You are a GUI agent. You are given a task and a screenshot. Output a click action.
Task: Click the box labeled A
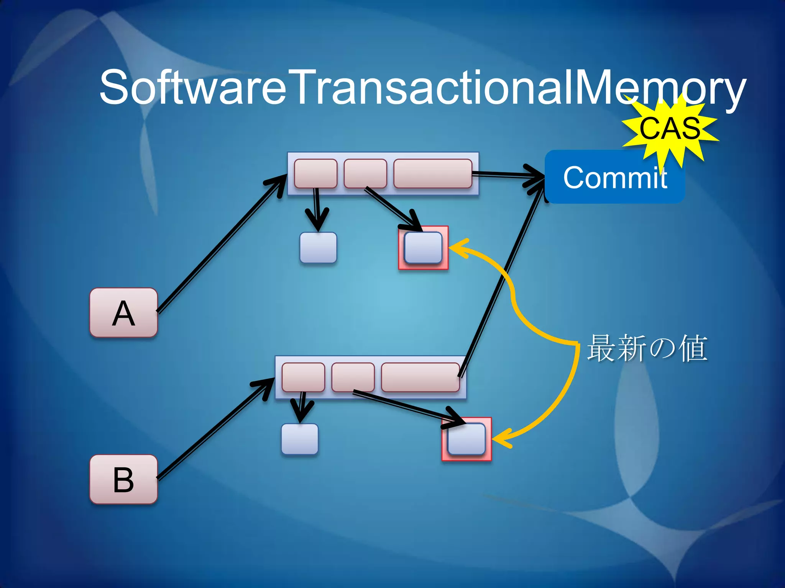tap(123, 313)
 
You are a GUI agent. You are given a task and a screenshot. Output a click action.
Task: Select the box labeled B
tap(123, 479)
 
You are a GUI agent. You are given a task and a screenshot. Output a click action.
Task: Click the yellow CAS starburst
tap(670, 128)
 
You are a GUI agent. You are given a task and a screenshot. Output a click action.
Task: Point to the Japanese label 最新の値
tap(647, 348)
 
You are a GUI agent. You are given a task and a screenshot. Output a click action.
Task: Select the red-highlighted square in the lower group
tap(466, 439)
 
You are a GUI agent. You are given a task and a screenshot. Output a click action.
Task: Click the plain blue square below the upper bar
tap(318, 248)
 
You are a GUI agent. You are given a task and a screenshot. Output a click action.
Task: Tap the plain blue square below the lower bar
tap(300, 439)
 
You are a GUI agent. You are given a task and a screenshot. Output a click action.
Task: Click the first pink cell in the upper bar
tap(315, 173)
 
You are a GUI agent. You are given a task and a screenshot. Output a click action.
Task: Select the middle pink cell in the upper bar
tap(365, 173)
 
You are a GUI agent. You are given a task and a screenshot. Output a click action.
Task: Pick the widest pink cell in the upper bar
tap(433, 173)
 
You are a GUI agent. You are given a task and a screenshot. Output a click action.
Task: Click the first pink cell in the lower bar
tap(303, 377)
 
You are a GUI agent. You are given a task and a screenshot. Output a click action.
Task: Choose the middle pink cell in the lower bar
tap(353, 377)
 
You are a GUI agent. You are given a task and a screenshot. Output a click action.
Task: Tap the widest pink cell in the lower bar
tap(420, 377)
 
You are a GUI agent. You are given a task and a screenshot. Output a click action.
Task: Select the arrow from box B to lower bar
tap(215, 429)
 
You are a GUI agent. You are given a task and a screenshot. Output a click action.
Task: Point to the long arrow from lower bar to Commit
tap(502, 279)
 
